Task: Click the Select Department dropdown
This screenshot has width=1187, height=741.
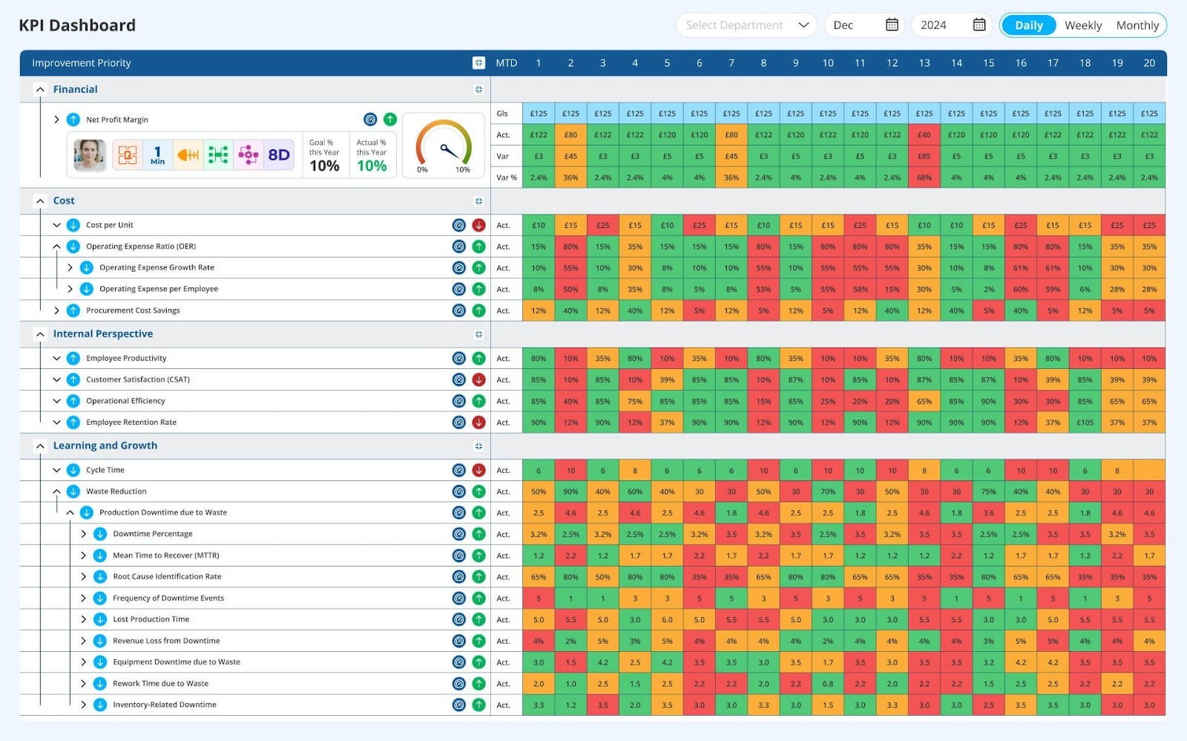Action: pos(746,25)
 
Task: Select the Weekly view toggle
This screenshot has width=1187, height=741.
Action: pos(1082,25)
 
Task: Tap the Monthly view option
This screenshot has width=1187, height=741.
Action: pos(1137,25)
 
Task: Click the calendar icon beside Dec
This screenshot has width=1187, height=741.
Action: pos(892,25)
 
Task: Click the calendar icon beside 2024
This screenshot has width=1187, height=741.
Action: pos(979,25)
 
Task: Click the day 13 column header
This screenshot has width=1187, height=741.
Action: pos(924,63)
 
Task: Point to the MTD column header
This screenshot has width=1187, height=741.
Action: pos(506,63)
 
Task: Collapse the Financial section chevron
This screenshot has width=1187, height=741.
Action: pos(40,89)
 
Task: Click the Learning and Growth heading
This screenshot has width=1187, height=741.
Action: pos(105,445)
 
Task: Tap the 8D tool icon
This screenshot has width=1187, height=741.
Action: pos(279,154)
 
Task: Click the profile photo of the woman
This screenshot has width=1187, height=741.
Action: pos(90,154)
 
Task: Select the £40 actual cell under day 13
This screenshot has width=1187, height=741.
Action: pos(924,135)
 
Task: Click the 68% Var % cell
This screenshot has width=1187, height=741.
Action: pos(924,177)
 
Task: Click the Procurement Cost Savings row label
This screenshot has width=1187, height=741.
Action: pos(133,310)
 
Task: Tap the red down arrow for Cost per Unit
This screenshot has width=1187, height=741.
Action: pos(479,225)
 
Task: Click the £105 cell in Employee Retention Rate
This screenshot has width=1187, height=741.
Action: pos(1085,422)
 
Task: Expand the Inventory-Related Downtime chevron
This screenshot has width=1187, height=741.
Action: pos(83,705)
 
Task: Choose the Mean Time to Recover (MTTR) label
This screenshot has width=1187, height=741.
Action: pos(165,555)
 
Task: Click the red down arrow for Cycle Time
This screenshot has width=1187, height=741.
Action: pos(479,470)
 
